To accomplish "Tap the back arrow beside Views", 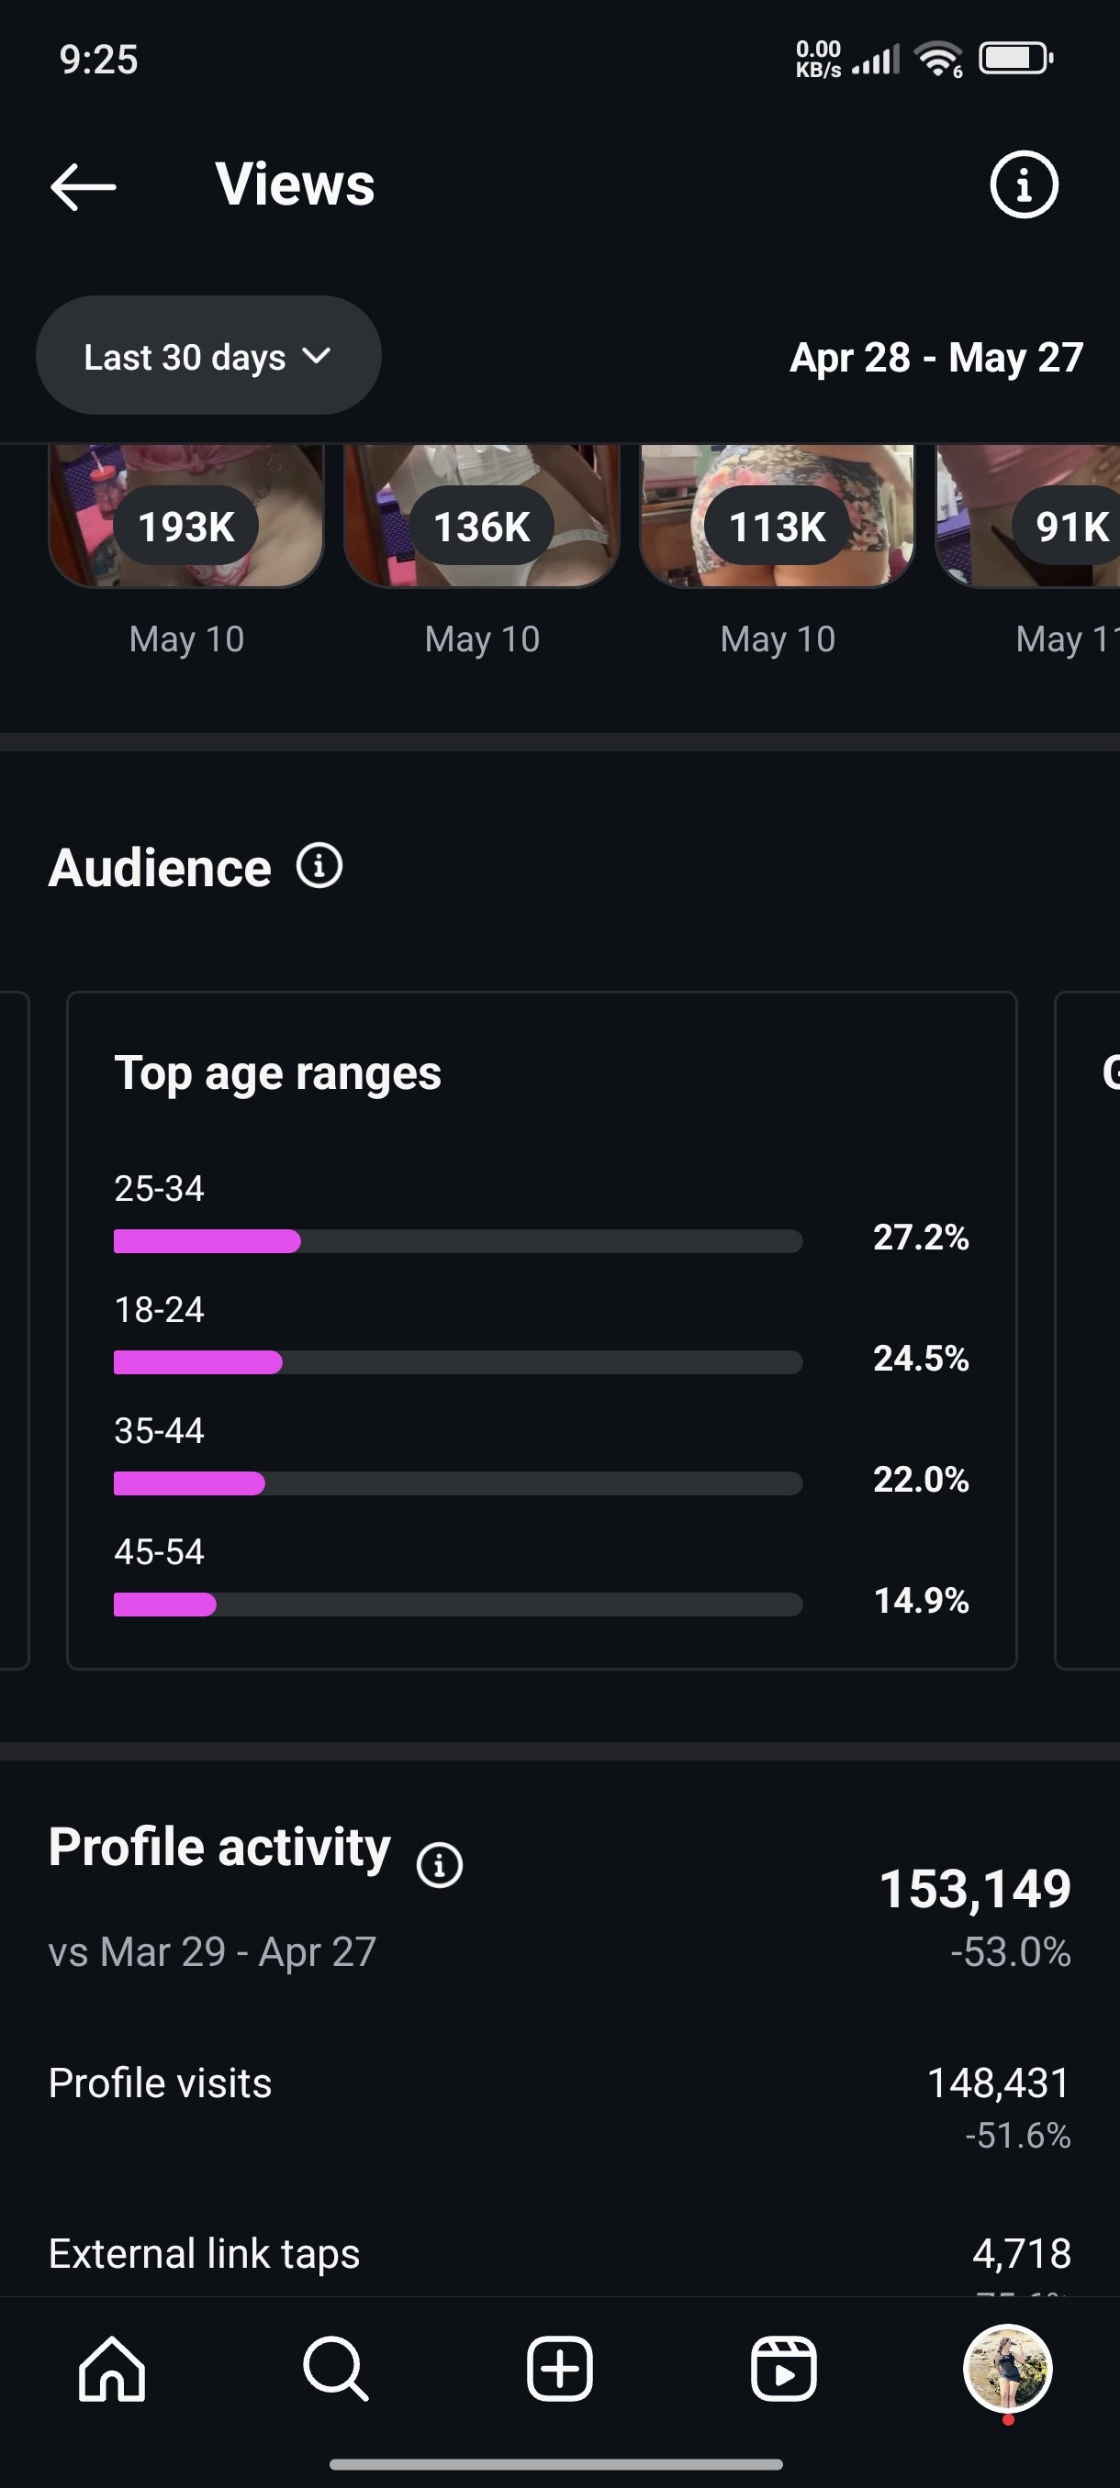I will (x=84, y=186).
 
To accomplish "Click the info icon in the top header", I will (x=1024, y=184).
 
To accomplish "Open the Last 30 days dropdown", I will (x=207, y=356).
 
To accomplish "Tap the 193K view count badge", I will (x=186, y=528).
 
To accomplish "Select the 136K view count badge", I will (x=481, y=528).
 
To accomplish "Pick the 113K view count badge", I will (x=777, y=528).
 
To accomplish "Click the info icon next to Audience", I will (x=319, y=865).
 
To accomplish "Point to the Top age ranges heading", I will (x=277, y=1073).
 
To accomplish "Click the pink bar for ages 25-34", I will (x=207, y=1241).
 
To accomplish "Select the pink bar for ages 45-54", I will (x=164, y=1605).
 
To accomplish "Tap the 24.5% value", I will (x=920, y=1359).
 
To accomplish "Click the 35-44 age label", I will (x=160, y=1430).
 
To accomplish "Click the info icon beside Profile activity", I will (x=439, y=1864).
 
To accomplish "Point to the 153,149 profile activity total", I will (x=974, y=1889).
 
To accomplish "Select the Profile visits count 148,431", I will (x=997, y=2083).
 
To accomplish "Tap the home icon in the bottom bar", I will (x=112, y=2370).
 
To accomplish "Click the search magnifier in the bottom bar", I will (x=335, y=2370).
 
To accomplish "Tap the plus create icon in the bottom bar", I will (x=559, y=2370).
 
